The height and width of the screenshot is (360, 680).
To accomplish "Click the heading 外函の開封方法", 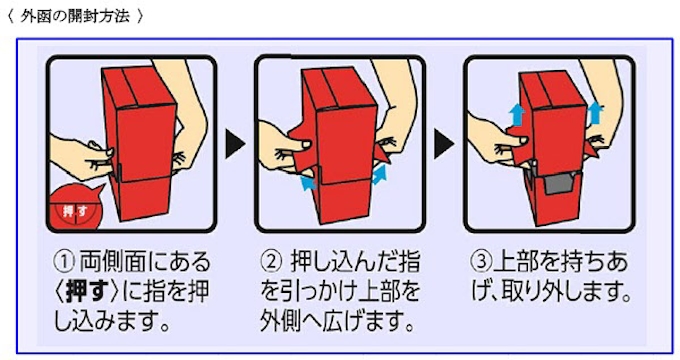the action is (x=75, y=16).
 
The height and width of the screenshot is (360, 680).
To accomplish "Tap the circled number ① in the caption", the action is (x=65, y=261).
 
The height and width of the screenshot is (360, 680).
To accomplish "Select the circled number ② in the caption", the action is (x=271, y=261).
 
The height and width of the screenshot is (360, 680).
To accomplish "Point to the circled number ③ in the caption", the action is (x=481, y=261).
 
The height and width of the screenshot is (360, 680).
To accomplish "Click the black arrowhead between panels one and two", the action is (x=235, y=144).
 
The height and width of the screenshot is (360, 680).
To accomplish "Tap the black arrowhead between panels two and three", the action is (x=444, y=144).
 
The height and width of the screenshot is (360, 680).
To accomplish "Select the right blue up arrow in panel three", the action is (x=595, y=113).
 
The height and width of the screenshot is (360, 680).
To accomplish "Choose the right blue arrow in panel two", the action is (x=378, y=174).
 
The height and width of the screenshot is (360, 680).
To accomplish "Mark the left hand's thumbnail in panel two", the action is (x=307, y=143).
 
